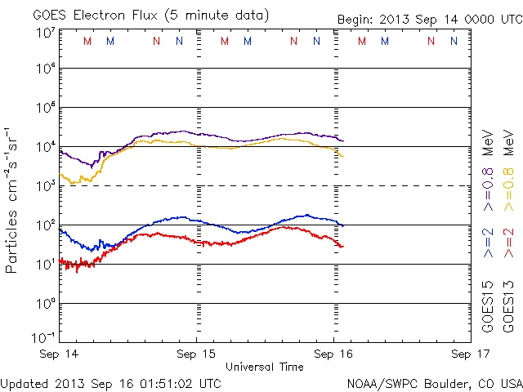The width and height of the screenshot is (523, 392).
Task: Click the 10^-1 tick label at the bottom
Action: [x=45, y=337]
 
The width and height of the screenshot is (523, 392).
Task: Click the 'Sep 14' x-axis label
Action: [x=60, y=354]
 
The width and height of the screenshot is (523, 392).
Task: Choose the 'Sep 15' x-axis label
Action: [x=197, y=354]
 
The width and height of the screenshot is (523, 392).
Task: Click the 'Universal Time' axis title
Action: [x=265, y=367]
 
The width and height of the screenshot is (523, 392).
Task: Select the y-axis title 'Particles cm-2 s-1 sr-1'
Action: [x=12, y=199]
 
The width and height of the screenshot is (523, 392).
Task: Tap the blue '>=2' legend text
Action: [x=488, y=243]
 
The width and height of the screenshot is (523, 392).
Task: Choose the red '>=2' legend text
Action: [x=507, y=243]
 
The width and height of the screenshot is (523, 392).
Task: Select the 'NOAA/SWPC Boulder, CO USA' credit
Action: [x=433, y=383]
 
